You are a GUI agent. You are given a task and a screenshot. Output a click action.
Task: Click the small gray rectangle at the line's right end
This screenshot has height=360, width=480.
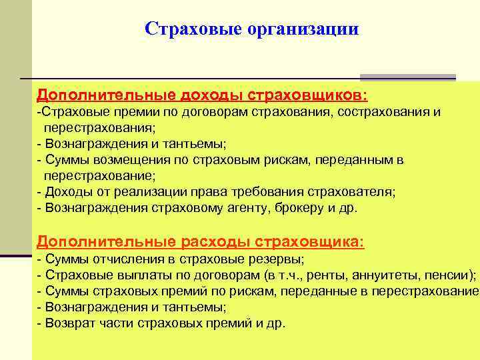pyautogui.click(x=407, y=77)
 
